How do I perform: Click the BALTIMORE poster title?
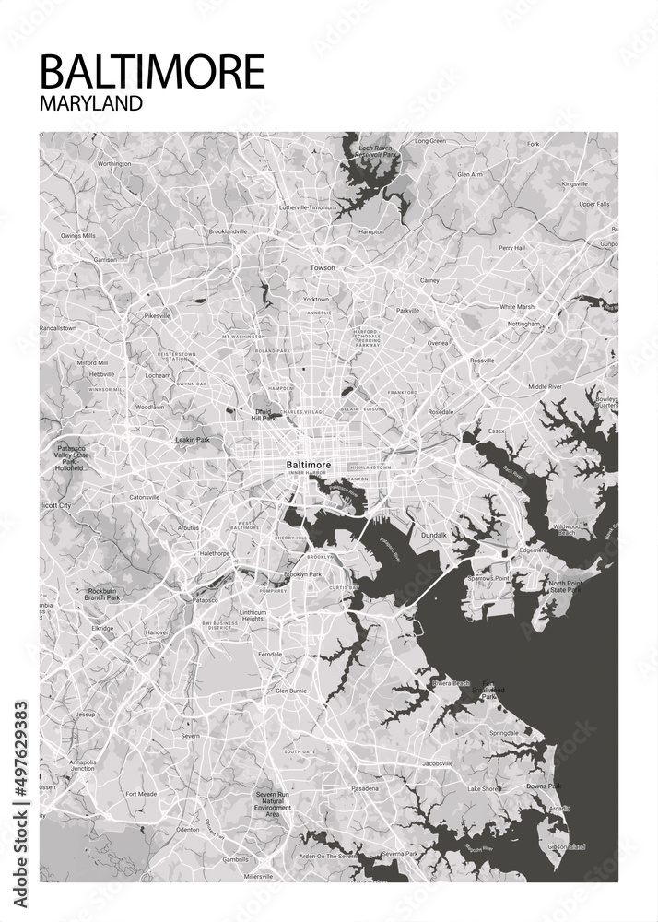tap(152, 71)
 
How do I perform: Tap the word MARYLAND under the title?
tap(91, 102)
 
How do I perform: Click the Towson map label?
tap(323, 268)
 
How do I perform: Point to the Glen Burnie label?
tap(291, 690)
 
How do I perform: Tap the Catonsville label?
tap(144, 497)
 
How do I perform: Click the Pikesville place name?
tap(158, 316)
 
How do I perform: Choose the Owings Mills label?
tap(78, 236)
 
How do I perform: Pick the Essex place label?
tap(497, 431)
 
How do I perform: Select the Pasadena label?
tap(364, 789)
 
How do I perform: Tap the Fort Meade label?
tap(141, 793)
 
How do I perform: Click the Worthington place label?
tap(114, 164)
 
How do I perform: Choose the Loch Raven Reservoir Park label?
tap(377, 151)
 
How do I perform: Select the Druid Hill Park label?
tap(264, 414)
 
